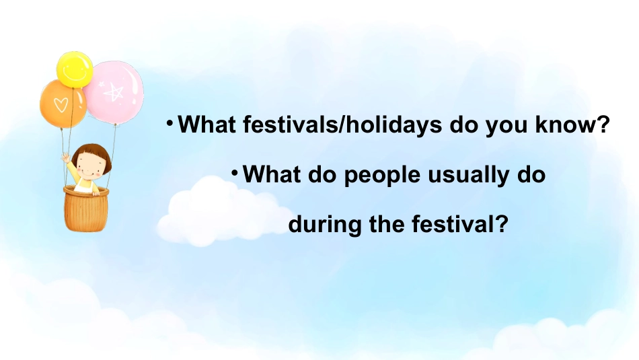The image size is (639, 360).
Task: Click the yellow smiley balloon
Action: tap(75, 69)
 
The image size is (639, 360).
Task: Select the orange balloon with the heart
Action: tap(63, 104)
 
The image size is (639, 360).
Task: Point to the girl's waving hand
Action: tap(66, 157)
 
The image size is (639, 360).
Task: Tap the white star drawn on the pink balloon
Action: tap(114, 92)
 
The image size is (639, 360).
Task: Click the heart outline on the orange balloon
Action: tap(61, 105)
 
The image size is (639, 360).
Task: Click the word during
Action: tap(325, 224)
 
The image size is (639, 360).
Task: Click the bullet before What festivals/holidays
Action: tap(170, 122)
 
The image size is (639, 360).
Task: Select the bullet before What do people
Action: tap(235, 173)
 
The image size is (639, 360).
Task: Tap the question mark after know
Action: tap(603, 124)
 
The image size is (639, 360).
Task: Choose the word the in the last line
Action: tap(386, 223)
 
